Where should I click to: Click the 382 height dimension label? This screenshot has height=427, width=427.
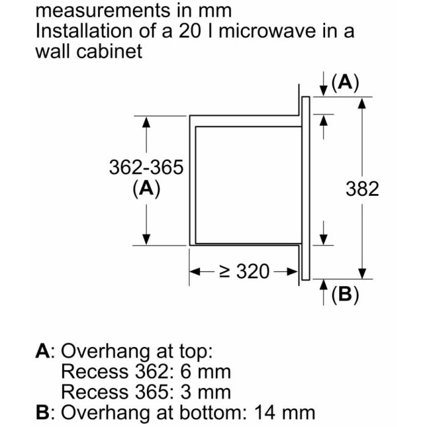[362, 188]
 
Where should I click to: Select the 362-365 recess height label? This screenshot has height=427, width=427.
[146, 167]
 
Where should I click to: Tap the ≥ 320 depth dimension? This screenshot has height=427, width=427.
[244, 271]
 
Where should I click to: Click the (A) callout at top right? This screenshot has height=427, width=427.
[345, 82]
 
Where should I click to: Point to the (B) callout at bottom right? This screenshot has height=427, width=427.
[345, 295]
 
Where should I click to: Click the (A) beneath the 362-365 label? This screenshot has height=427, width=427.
[146, 188]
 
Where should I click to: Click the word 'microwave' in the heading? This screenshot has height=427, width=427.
[267, 30]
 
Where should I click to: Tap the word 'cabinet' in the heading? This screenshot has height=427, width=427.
[109, 51]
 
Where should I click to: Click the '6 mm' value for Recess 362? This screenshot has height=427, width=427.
[206, 371]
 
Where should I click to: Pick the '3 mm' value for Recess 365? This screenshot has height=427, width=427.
[206, 392]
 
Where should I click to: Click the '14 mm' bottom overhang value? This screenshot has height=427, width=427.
[285, 412]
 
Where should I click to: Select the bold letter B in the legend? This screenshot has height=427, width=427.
[43, 412]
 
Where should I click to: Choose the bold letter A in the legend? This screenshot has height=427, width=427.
[43, 351]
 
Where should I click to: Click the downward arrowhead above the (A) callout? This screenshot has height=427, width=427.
[323, 90]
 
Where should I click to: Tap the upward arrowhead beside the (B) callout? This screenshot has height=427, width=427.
[323, 285]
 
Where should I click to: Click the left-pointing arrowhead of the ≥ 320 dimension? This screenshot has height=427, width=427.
[195, 271]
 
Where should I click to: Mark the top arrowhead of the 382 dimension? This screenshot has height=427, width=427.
[362, 103]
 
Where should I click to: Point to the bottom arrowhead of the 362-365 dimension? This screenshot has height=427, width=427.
[146, 239]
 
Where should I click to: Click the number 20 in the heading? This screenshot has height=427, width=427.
[189, 30]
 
